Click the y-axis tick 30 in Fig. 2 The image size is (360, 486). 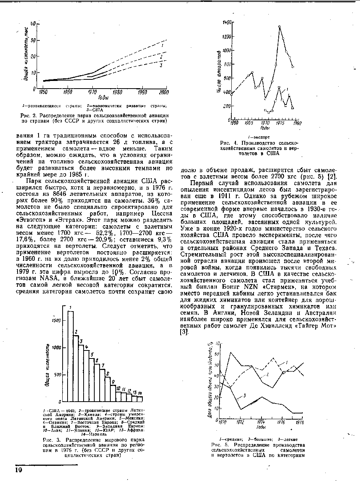(x=33, y=40)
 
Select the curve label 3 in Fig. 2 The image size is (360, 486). (x=161, y=65)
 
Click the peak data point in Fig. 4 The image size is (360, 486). (x=279, y=26)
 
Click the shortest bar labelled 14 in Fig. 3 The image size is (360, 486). (x=140, y=399)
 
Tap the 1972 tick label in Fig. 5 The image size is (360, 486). (x=241, y=422)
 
